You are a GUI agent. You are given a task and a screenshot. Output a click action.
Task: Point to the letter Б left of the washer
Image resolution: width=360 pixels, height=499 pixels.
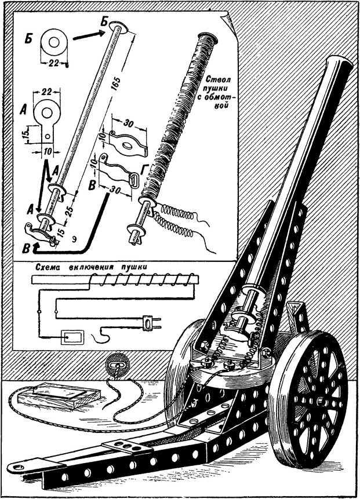coord(28,41)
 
